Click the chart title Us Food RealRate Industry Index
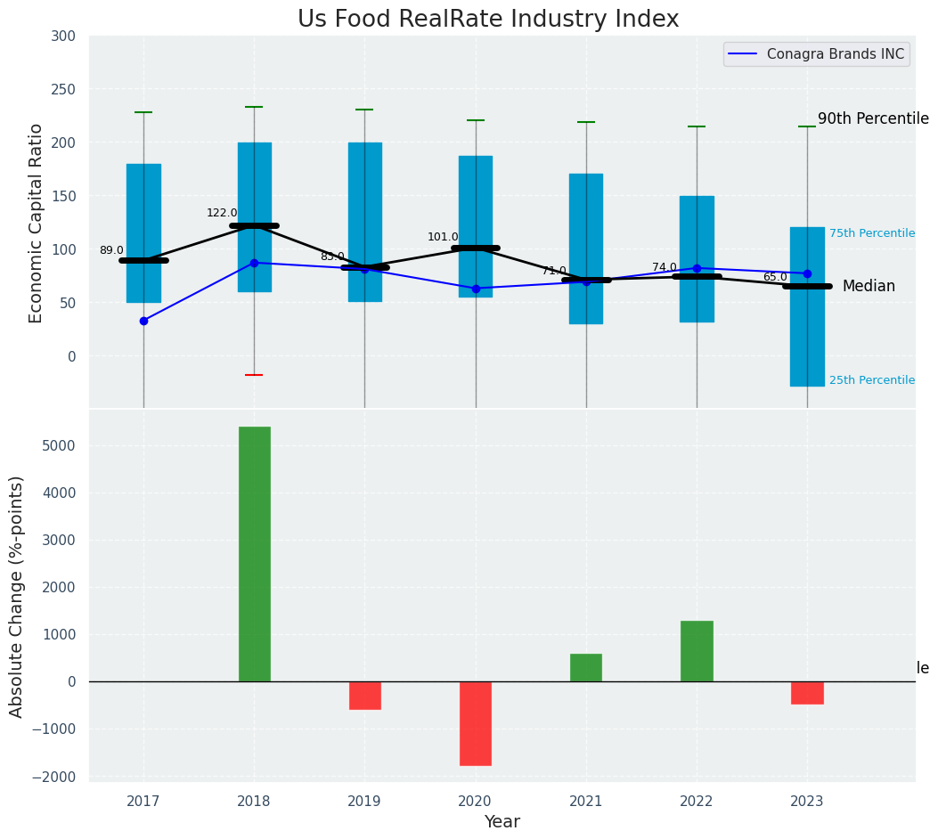pyautogui.click(x=488, y=20)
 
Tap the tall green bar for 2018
pyautogui.click(x=254, y=554)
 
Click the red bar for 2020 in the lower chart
pyautogui.click(x=476, y=723)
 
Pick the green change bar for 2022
pyautogui.click(x=697, y=651)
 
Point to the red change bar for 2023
pyautogui.click(x=807, y=693)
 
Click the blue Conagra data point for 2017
pyautogui.click(x=143, y=321)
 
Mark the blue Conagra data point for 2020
pyautogui.click(x=476, y=289)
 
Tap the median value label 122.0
pyautogui.click(x=222, y=213)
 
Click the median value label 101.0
pyautogui.click(x=443, y=237)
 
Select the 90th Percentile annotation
pyautogui.click(x=873, y=118)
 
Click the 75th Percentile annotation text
pyautogui.click(x=872, y=233)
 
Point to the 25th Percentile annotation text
pyautogui.click(x=872, y=380)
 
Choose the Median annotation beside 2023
pyautogui.click(x=869, y=287)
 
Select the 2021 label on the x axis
pyautogui.click(x=586, y=802)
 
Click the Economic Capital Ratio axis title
pyautogui.click(x=37, y=223)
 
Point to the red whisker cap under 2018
pyautogui.click(x=254, y=375)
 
